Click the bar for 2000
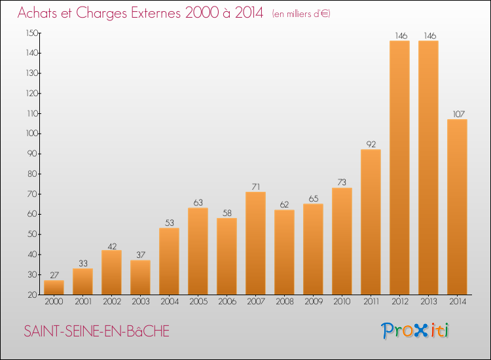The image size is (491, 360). coord(54,287)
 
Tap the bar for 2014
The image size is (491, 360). coord(457,207)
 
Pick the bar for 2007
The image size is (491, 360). coord(255,243)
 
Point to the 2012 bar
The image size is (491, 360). coord(399,168)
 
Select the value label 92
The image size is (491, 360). coord(371,144)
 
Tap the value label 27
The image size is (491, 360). coord(54,275)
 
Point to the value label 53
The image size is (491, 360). coord(169,223)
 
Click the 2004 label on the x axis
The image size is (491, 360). coord(169,301)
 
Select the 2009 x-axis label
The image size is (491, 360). coord(313,301)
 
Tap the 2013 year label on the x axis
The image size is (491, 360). coord(428,301)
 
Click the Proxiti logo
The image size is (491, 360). coord(416,331)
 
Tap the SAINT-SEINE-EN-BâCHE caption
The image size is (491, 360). coord(96,332)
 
